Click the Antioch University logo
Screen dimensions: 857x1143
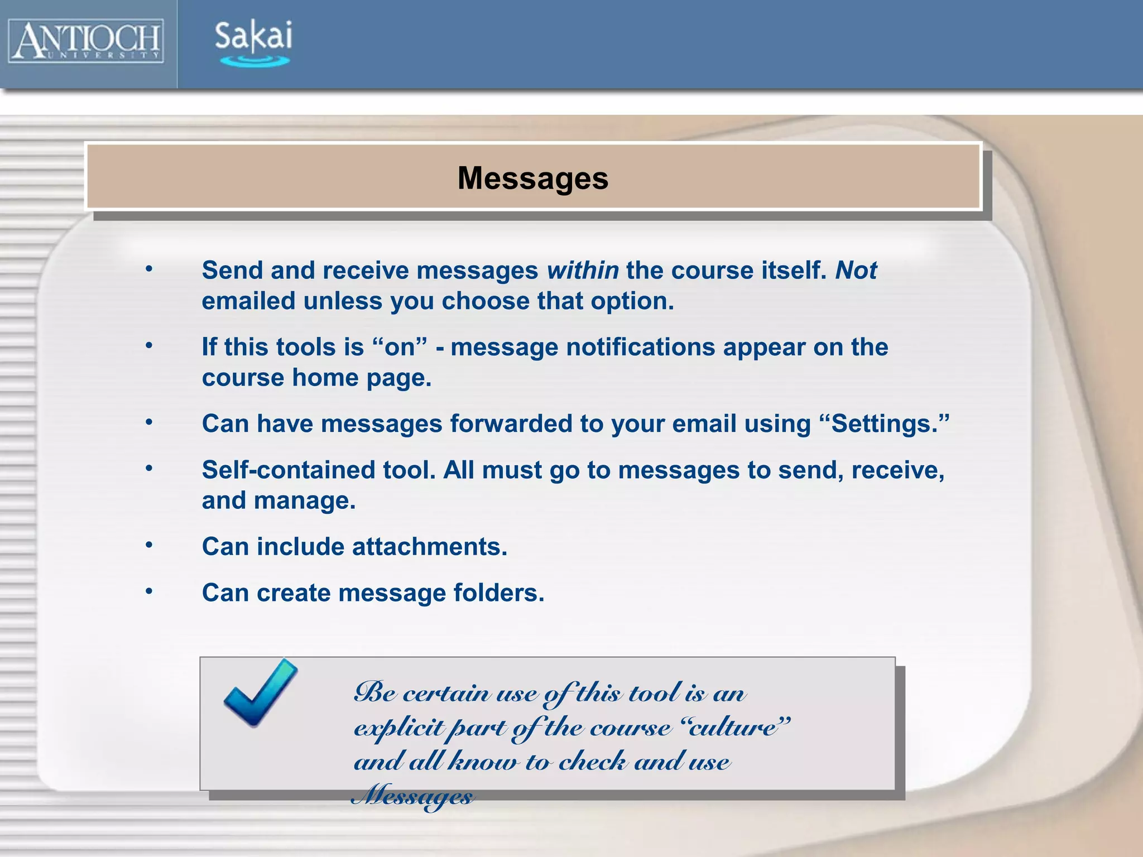click(x=86, y=41)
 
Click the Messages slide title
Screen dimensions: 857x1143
click(x=533, y=179)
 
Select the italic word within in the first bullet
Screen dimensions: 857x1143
click(x=583, y=271)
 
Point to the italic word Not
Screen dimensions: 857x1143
click(x=856, y=271)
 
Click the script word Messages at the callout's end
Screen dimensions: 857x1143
click(x=413, y=795)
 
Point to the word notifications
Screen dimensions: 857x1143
click(x=641, y=347)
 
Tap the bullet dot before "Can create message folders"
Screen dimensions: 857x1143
click(x=149, y=591)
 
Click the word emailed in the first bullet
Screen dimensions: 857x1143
click(x=249, y=301)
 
